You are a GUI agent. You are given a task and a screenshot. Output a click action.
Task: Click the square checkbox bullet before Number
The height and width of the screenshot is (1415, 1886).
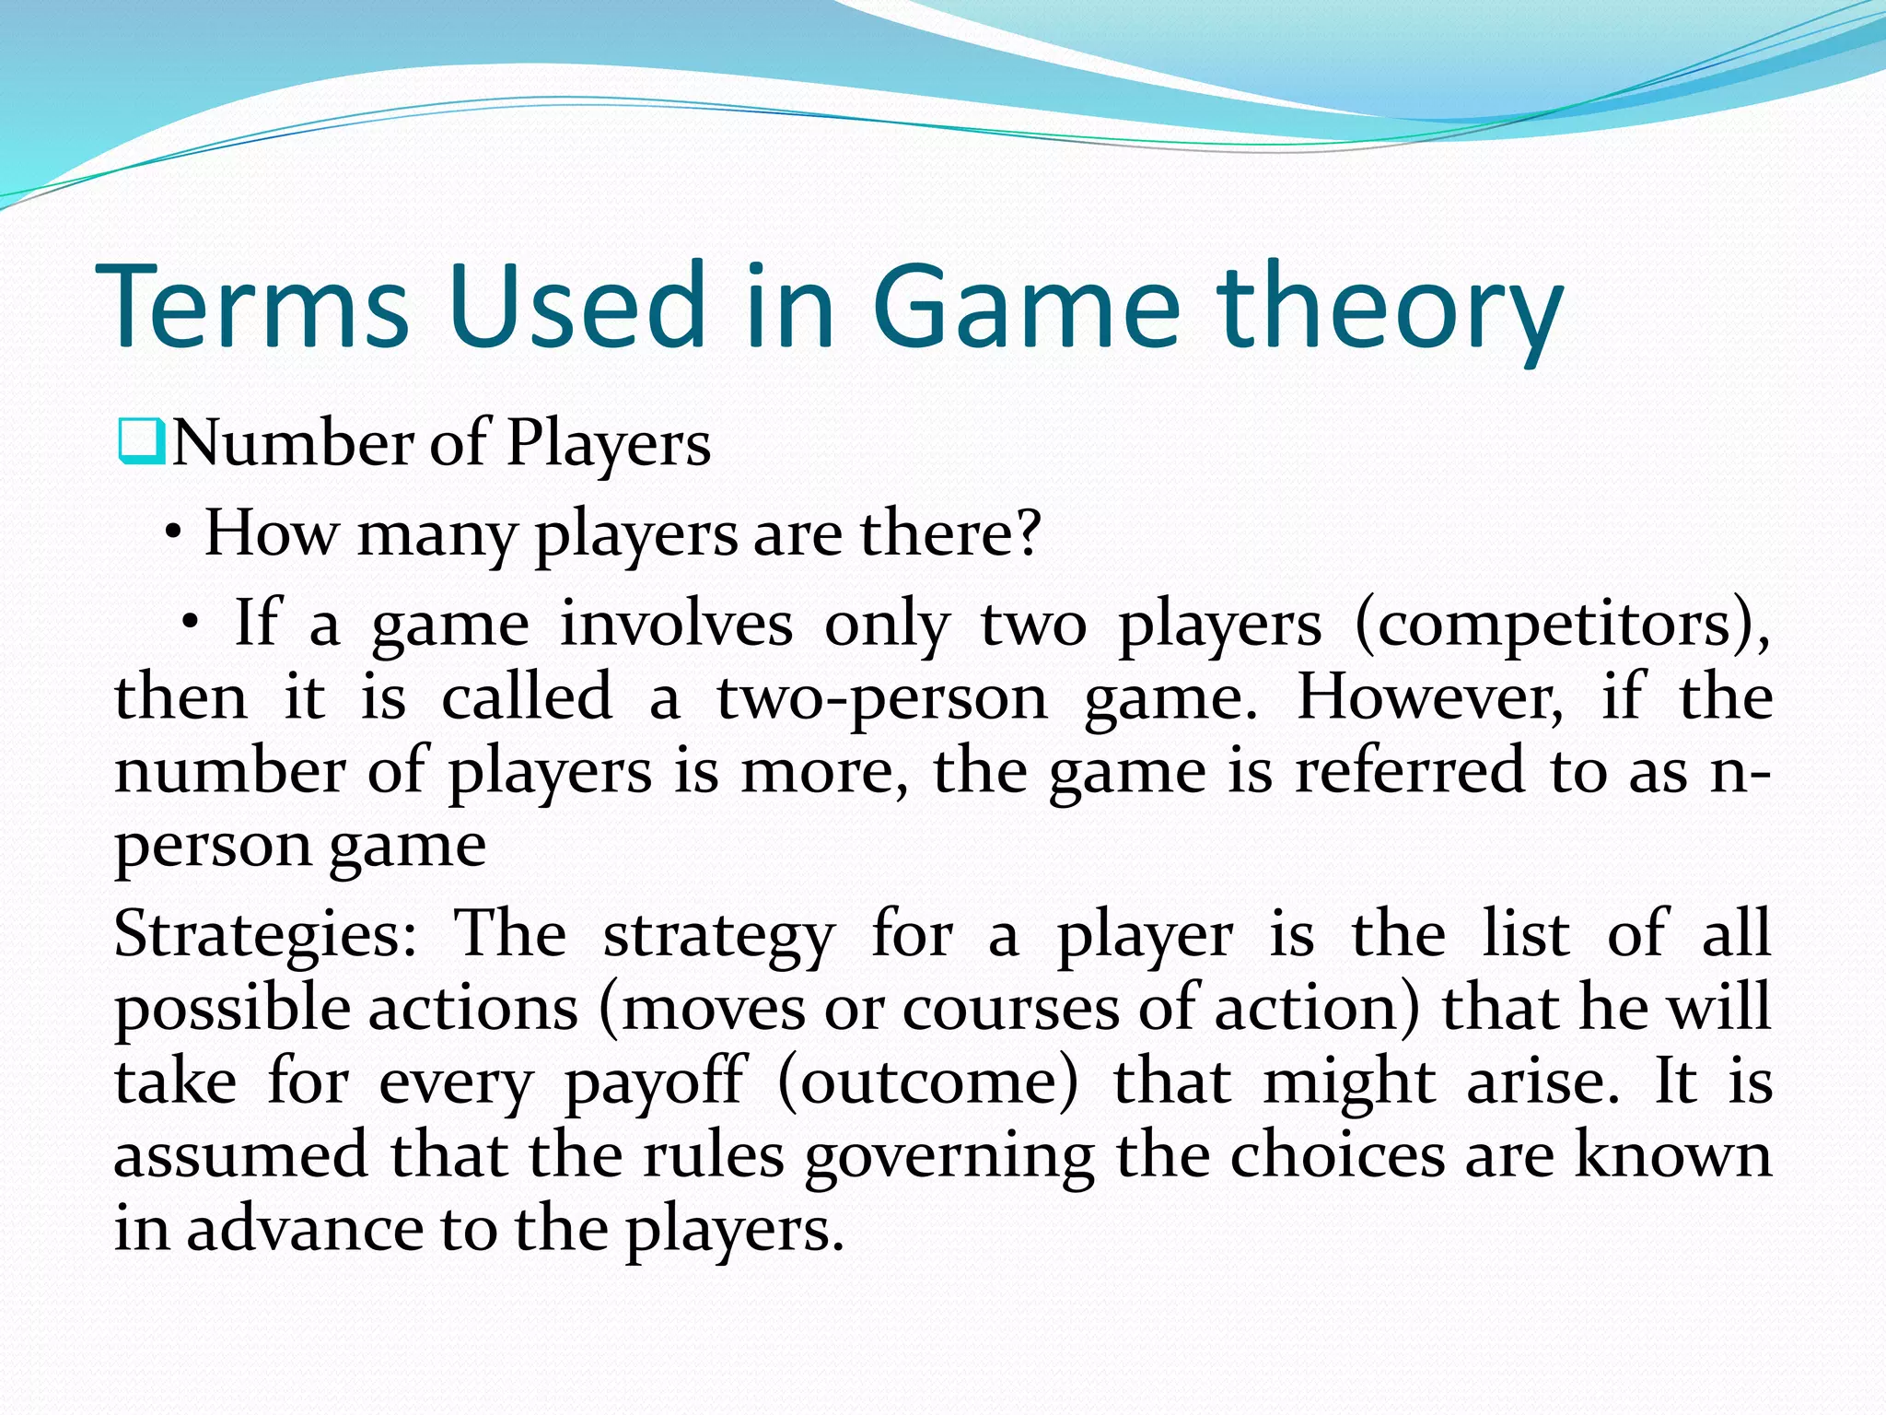[141, 442]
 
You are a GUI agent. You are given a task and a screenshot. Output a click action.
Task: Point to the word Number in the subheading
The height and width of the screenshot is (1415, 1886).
[293, 444]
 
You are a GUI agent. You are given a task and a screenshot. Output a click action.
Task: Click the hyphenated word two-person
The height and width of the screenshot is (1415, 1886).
[881, 698]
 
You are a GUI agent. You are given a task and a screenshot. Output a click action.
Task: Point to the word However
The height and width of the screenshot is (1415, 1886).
[1429, 697]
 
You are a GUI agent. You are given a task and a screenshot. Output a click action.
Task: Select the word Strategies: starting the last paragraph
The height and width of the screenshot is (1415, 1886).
[265, 936]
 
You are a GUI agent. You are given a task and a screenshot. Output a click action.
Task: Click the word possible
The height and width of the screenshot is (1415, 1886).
[232, 1010]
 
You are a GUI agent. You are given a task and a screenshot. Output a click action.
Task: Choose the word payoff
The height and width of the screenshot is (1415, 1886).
[654, 1083]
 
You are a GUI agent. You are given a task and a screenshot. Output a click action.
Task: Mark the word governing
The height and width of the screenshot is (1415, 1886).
[949, 1157]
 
